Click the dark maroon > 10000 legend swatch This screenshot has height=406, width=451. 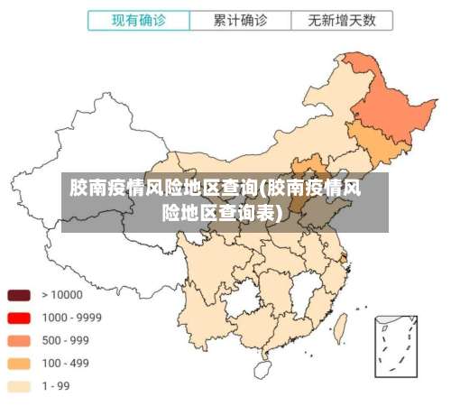point(19,295)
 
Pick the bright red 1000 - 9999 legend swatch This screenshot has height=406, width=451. point(19,318)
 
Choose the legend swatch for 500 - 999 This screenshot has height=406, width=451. point(19,340)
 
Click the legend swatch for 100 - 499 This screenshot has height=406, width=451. point(19,364)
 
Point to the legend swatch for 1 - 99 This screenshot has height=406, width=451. point(19,386)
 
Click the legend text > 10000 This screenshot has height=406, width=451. point(62,295)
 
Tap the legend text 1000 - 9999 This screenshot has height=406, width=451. point(71,318)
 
